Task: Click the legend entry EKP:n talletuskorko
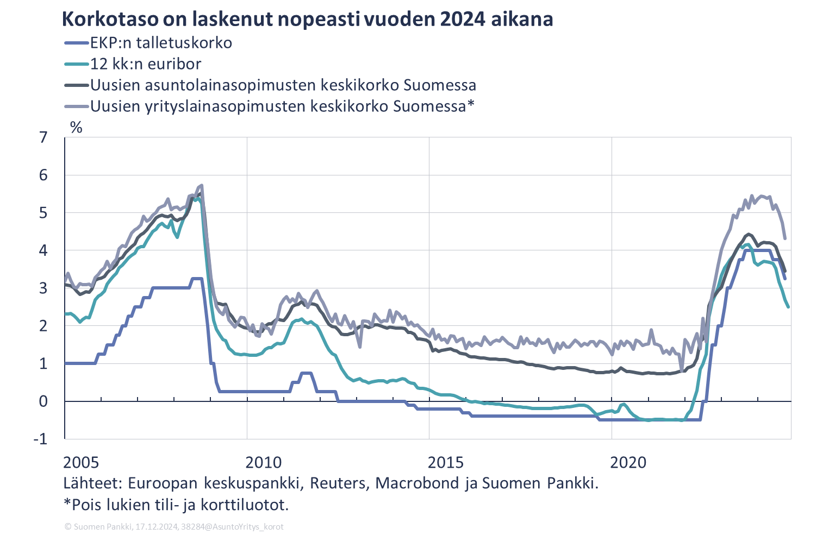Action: click(161, 43)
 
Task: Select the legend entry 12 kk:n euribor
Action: click(146, 64)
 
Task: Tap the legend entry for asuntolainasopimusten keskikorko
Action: click(283, 85)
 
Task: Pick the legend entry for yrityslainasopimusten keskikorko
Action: click(282, 106)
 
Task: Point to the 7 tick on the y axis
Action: click(43, 137)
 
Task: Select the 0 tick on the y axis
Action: click(43, 401)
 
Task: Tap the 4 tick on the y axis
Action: click(43, 250)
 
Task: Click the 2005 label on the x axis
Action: click(81, 463)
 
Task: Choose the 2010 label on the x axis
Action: click(264, 463)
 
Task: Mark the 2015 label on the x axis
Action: click(446, 463)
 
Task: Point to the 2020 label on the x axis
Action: click(628, 463)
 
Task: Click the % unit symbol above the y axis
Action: click(76, 128)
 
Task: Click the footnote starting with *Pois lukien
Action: click(176, 505)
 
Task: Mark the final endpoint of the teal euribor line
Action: click(788, 307)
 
